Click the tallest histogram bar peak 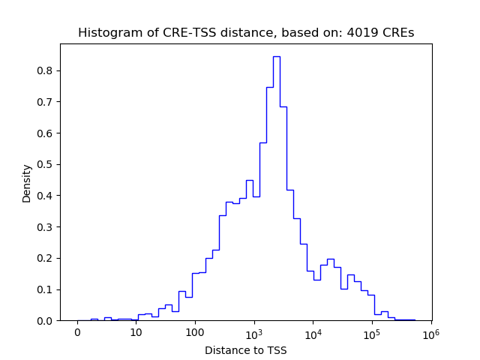pos(276,57)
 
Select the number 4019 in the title pos(354,33)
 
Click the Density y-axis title pos(27,183)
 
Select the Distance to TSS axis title pos(246,350)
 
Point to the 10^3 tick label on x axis pos(254,333)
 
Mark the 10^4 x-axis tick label pos(313,333)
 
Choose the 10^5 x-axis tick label pos(372,333)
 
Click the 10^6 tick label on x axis pos(430,333)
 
